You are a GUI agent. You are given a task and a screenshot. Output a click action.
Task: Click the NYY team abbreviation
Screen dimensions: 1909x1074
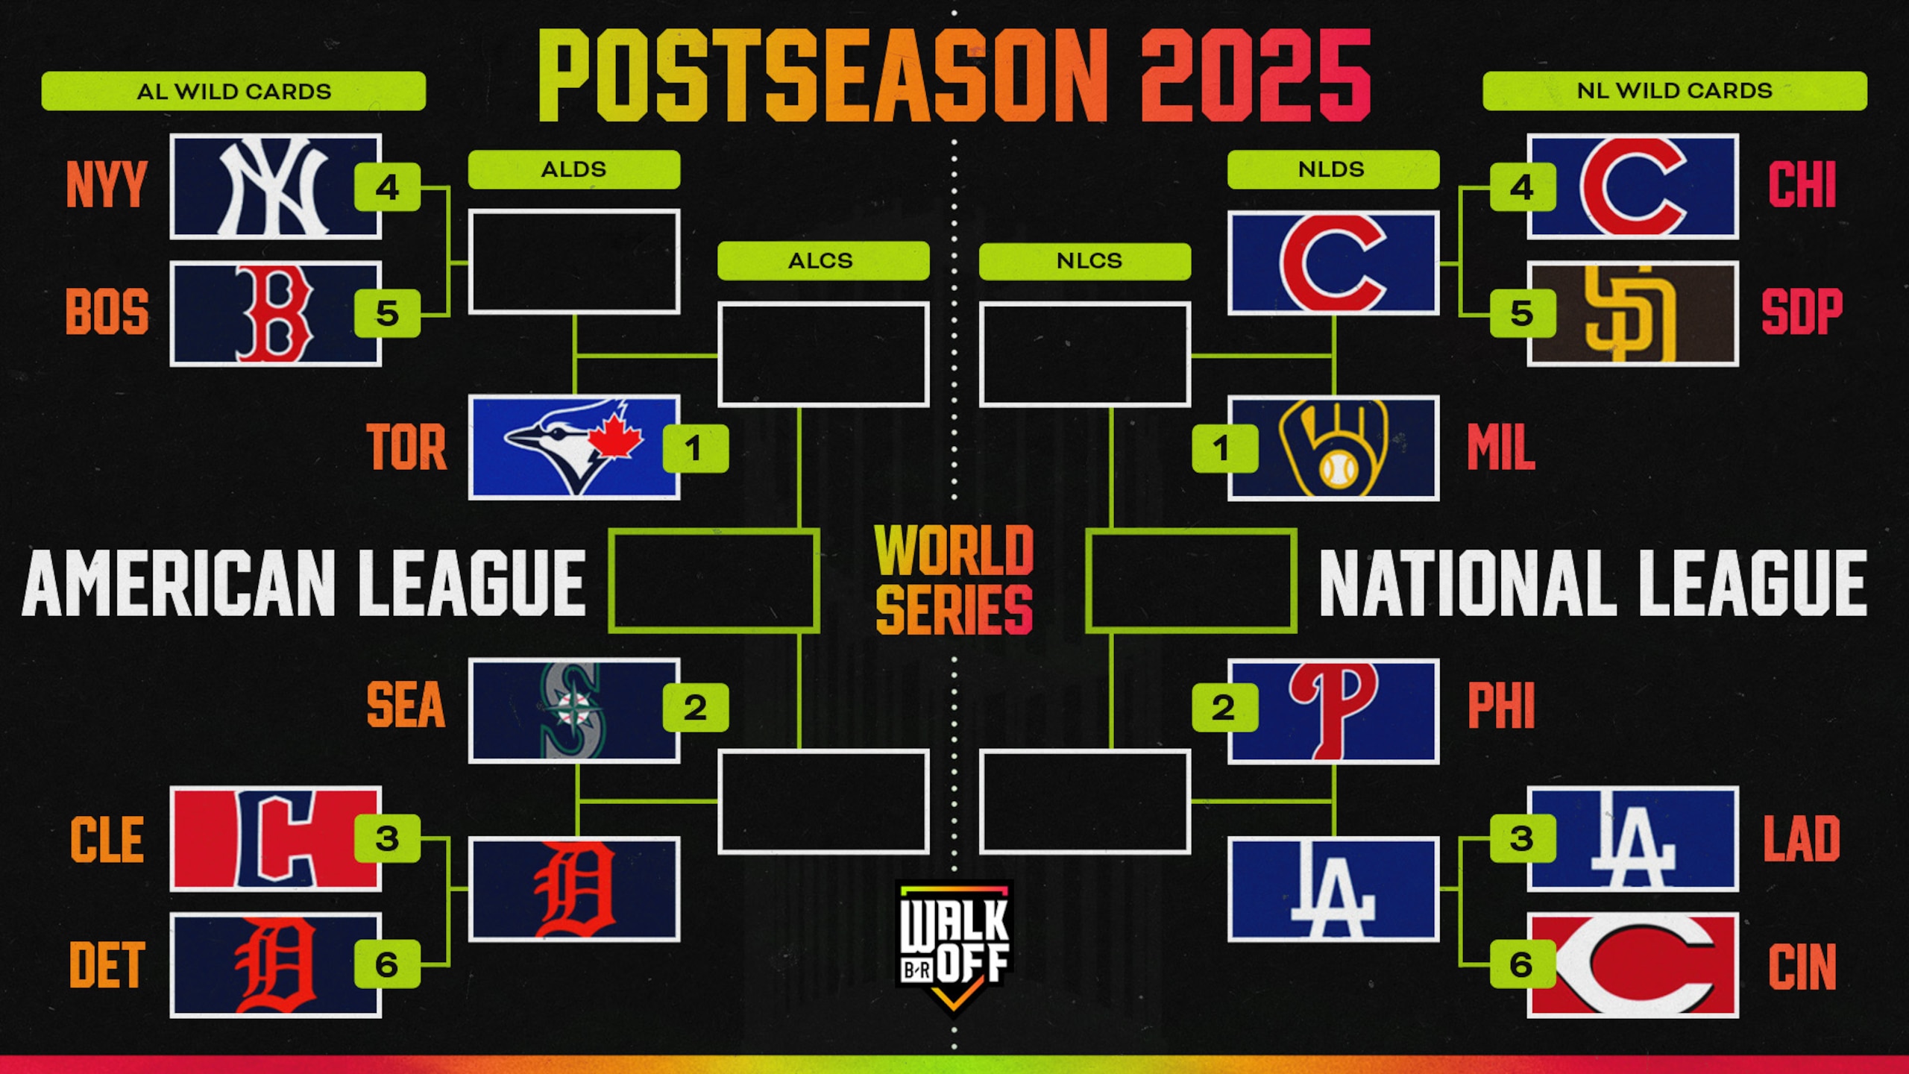(107, 185)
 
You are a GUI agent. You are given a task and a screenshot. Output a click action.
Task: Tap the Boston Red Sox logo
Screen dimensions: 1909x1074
(275, 313)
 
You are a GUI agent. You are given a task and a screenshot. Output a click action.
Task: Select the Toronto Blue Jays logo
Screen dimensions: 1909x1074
(573, 447)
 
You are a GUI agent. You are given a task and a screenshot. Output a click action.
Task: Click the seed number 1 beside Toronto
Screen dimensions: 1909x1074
(695, 448)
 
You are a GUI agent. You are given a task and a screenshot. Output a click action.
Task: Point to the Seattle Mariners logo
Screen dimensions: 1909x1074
(573, 710)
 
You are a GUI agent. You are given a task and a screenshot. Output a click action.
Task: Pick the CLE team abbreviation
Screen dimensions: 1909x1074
(107, 839)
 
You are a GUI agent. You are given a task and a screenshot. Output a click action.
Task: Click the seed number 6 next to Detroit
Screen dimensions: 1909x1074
(386, 964)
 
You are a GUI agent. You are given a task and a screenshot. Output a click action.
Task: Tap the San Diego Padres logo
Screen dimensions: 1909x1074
(1632, 313)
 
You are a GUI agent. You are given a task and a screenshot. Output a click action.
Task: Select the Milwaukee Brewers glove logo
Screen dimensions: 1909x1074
(1333, 447)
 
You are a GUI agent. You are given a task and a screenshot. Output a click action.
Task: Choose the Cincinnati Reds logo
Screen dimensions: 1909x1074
(1632, 965)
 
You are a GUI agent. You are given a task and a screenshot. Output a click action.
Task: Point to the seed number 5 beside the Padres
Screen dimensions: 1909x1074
(1523, 313)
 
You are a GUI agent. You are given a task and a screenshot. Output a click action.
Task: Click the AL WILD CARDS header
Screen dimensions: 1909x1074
(233, 91)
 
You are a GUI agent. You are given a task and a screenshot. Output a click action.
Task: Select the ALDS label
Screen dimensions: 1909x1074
(573, 169)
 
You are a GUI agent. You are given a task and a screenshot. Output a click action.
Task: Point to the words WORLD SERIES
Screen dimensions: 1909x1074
(954, 580)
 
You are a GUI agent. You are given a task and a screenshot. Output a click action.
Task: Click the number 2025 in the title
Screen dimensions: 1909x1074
(1254, 75)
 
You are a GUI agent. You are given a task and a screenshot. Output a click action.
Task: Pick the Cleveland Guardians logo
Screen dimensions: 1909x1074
(275, 838)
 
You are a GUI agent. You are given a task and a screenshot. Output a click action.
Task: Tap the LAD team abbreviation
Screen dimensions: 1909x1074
(1802, 839)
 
